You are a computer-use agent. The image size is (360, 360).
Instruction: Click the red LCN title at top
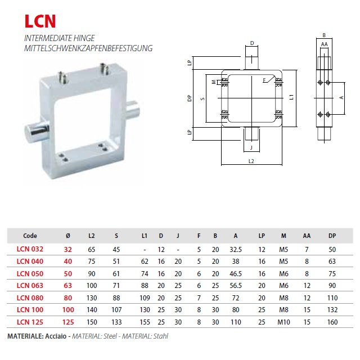click(40, 21)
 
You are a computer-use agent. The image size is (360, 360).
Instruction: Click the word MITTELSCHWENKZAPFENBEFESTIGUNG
click(88, 48)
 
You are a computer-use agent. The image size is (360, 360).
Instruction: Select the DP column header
click(332, 236)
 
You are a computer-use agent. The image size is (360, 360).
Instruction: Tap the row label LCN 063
click(30, 286)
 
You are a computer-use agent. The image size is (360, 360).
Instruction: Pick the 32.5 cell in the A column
click(236, 250)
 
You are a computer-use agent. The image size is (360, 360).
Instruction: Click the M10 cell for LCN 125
click(283, 322)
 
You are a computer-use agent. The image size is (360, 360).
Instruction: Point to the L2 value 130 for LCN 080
click(92, 298)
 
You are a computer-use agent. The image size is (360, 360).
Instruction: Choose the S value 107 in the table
click(116, 310)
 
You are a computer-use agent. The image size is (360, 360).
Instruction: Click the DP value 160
click(332, 322)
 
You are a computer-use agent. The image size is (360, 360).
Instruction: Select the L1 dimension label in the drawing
click(291, 97)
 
